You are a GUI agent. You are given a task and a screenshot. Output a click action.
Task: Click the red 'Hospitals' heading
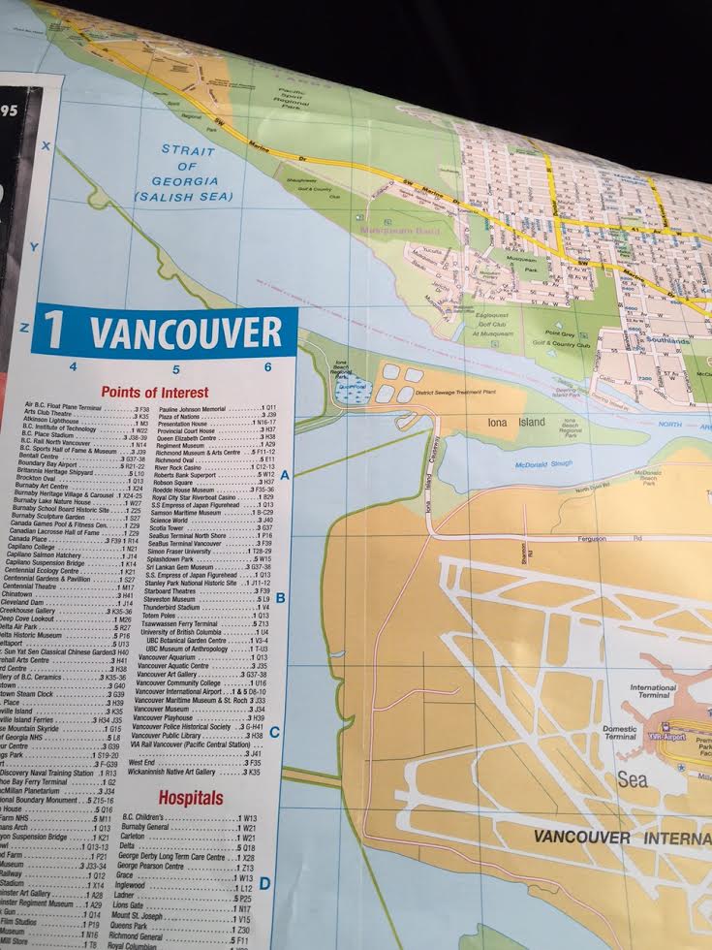click(x=190, y=798)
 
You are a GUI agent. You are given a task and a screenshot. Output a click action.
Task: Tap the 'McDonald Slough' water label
click(x=542, y=464)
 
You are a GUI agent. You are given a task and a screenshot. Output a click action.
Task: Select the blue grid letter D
click(x=264, y=883)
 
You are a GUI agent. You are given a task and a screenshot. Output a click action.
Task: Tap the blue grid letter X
click(x=45, y=145)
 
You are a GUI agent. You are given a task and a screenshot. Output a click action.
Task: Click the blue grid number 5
click(x=176, y=368)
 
